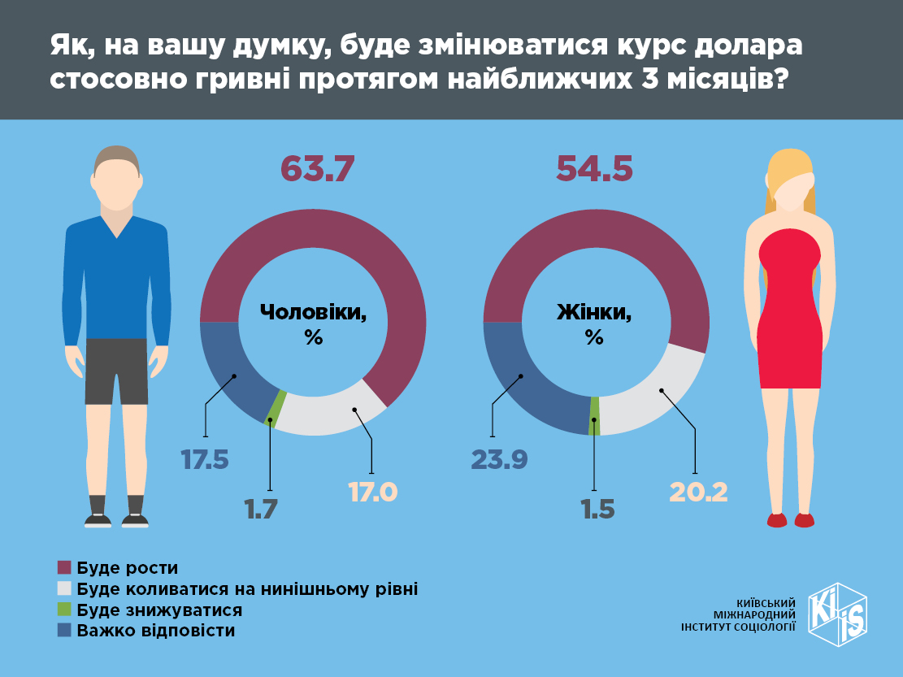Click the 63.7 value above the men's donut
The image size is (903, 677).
pyautogui.click(x=318, y=168)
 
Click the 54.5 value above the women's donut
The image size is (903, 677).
pyautogui.click(x=594, y=168)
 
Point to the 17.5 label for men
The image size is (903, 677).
pyautogui.click(x=205, y=460)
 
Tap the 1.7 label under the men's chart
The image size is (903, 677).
pyautogui.click(x=261, y=510)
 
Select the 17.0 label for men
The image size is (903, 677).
pyautogui.click(x=372, y=492)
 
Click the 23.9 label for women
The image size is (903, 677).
pyautogui.click(x=499, y=460)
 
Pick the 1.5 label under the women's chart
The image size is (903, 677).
pyautogui.click(x=597, y=510)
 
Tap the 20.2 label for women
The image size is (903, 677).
pyautogui.click(x=697, y=492)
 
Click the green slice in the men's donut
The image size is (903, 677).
pyautogui.click(x=276, y=409)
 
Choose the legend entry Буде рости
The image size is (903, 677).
pyautogui.click(x=127, y=567)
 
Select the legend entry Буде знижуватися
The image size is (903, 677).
pyautogui.click(x=158, y=610)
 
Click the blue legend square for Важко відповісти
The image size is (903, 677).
pyautogui.click(x=65, y=631)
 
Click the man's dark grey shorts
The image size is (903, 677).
pyautogui.click(x=115, y=371)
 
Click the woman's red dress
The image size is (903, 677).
pyautogui.click(x=790, y=317)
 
